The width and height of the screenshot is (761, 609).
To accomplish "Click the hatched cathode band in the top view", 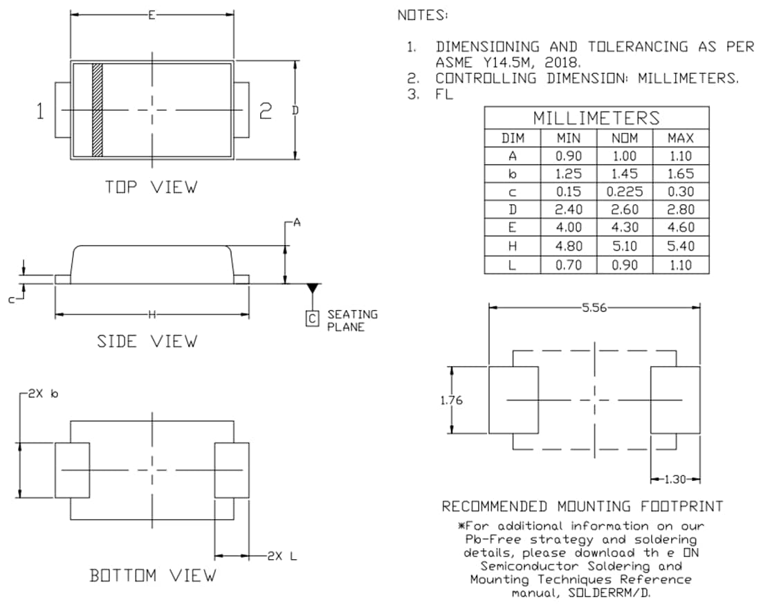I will tap(97, 110).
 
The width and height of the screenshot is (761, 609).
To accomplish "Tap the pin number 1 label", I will tap(41, 111).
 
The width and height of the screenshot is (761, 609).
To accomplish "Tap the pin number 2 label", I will tap(266, 111).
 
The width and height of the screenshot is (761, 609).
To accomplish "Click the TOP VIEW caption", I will tap(151, 187).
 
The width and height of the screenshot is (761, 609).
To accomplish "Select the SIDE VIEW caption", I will tap(147, 341).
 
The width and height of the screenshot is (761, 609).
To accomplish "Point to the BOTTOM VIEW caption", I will tap(153, 575).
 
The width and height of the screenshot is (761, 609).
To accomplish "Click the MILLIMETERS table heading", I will tap(596, 117).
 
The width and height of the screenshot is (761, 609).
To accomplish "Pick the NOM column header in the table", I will tap(624, 138).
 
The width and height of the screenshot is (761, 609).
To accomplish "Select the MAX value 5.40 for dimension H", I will tap(680, 246).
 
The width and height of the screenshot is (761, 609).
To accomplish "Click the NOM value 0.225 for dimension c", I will tap(624, 192).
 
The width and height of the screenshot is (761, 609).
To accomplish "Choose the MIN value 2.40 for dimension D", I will tap(569, 210).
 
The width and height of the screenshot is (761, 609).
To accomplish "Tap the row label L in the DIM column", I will tap(513, 264).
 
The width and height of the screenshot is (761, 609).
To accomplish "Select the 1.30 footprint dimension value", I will tap(675, 479).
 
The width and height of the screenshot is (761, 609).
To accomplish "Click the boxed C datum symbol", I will tap(313, 318).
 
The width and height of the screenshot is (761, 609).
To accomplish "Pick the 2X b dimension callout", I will tap(43, 394).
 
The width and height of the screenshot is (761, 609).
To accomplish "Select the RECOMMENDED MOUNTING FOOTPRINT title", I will tap(583, 506).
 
